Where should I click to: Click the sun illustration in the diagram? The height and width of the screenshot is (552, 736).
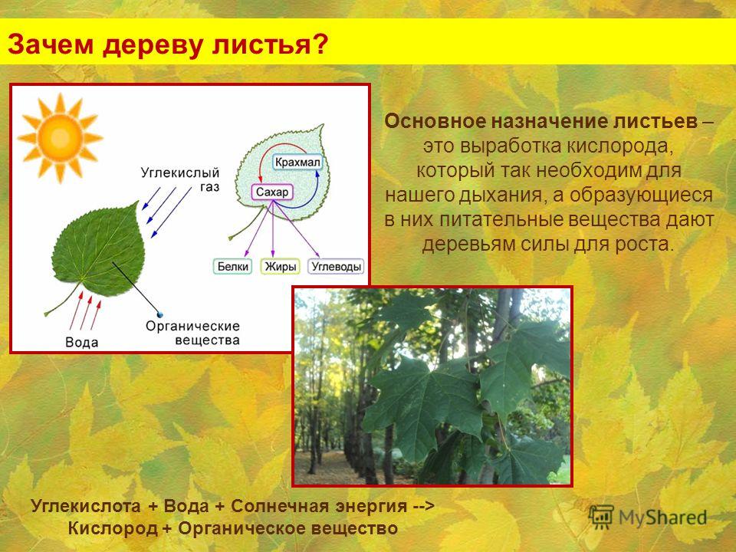60,137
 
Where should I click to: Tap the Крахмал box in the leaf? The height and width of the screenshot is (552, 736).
297,163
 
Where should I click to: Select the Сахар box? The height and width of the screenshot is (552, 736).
272,192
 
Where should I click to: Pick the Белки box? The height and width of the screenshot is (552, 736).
233,267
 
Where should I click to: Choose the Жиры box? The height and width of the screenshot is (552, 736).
281,267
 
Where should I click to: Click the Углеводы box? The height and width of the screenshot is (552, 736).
336,267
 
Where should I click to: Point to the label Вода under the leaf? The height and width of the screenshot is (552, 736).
82,342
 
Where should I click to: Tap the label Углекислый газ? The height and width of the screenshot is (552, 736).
180,179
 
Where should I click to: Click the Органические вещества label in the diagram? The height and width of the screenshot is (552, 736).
193,333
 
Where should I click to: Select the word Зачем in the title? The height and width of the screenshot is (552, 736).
51,44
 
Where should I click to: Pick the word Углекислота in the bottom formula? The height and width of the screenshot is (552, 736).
86,506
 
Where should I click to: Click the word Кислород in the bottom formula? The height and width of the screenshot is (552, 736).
113,528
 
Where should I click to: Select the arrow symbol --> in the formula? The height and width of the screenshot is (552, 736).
424,507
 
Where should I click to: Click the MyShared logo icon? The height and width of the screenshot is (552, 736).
601,517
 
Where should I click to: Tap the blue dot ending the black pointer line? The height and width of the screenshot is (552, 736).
160,314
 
